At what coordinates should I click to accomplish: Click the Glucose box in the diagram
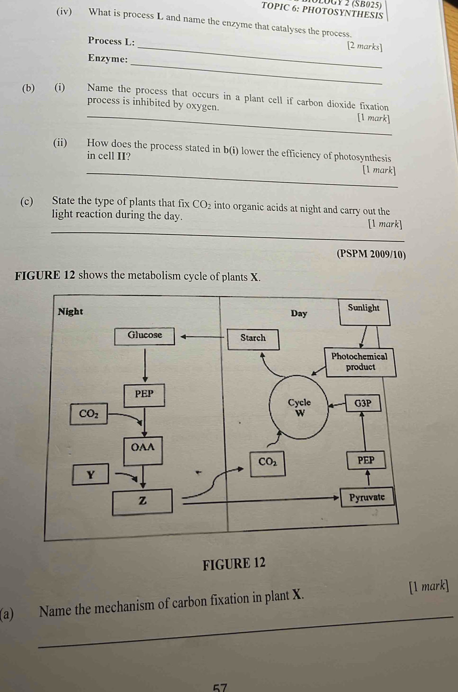pyautogui.click(x=144, y=336)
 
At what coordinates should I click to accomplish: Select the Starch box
pyautogui.click(x=253, y=338)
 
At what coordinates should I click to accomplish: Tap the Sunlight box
pyautogui.click(x=364, y=308)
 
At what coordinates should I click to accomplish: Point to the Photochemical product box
pyautogui.click(x=360, y=362)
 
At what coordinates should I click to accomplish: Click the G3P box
pyautogui.click(x=363, y=403)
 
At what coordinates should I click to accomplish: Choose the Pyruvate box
pyautogui.click(x=367, y=497)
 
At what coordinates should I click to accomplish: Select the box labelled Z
pyautogui.click(x=142, y=501)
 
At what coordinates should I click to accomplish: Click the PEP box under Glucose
pyautogui.click(x=144, y=394)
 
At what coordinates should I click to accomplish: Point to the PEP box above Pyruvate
pyautogui.click(x=366, y=461)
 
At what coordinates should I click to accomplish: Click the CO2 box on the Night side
pyautogui.click(x=89, y=414)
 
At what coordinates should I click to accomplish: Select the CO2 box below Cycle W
pyautogui.click(x=268, y=462)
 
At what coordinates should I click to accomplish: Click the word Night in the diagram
pyautogui.click(x=70, y=312)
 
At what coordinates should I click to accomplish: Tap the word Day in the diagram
pyautogui.click(x=299, y=313)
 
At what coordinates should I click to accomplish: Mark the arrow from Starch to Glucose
pyautogui.click(x=202, y=337)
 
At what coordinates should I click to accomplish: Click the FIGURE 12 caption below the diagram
pyautogui.click(x=234, y=563)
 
